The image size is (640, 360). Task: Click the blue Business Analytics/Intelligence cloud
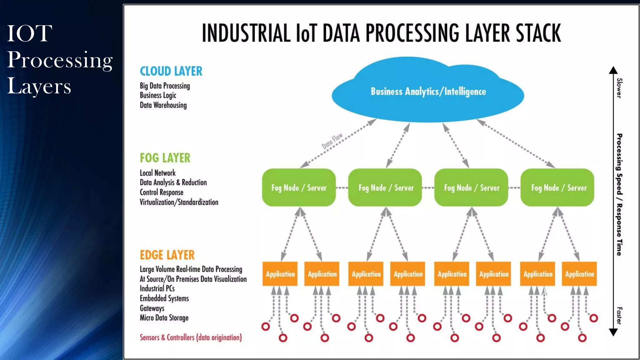click(x=428, y=91)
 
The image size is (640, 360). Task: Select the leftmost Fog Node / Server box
click(x=299, y=187)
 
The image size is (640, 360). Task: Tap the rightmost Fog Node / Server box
click(x=557, y=187)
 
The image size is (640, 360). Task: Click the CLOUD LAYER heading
click(x=171, y=71)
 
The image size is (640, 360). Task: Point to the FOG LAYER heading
click(x=165, y=158)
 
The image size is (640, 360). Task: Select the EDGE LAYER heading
click(x=167, y=255)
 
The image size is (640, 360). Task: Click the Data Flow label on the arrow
click(x=332, y=141)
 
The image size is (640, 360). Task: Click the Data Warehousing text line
click(x=163, y=105)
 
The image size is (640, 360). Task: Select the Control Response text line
click(x=161, y=192)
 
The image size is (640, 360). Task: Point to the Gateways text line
click(x=152, y=308)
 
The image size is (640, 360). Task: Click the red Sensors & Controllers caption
click(x=191, y=337)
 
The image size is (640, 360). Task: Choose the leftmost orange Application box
click(x=280, y=274)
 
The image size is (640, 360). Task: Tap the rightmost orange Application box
click(x=579, y=274)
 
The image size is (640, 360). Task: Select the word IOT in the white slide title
click(x=29, y=33)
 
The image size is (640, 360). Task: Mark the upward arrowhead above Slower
click(x=613, y=70)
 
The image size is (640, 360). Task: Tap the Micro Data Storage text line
click(x=164, y=318)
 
